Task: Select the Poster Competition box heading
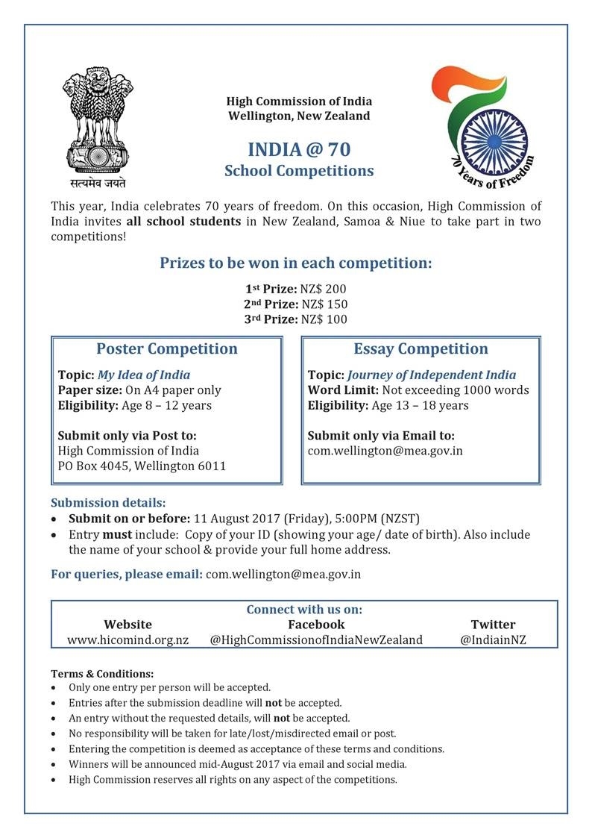[167, 349]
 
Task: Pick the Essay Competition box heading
[421, 349]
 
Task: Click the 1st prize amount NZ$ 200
[323, 289]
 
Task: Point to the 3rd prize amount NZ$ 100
[323, 319]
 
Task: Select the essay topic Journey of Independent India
[431, 375]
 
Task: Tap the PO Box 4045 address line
[142, 466]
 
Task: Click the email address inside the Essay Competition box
[385, 451]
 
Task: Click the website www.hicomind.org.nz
[127, 640]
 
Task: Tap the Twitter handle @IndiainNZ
[493, 640]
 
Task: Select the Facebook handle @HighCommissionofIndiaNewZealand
[316, 640]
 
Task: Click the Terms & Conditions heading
[102, 674]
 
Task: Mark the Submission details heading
[108, 502]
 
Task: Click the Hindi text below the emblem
[94, 183]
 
